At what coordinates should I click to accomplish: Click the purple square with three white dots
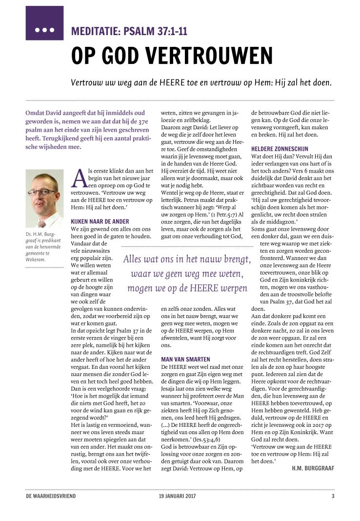pos(44,23)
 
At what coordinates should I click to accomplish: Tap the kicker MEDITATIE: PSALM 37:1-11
pos(129,33)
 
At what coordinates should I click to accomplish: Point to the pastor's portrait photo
pos(44,199)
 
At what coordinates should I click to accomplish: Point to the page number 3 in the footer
pos(333,496)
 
